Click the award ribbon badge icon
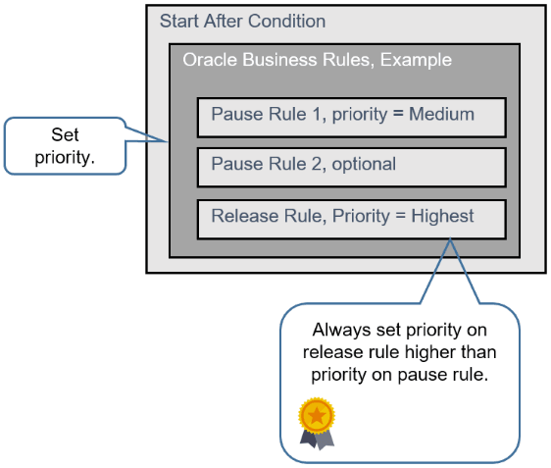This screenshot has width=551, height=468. (x=317, y=422)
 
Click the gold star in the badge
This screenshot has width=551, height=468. (x=317, y=415)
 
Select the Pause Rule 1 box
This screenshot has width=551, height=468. (x=351, y=117)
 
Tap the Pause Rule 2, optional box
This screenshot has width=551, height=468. (x=351, y=167)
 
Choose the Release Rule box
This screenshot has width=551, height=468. (x=351, y=218)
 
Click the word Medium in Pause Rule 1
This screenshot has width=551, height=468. (x=441, y=114)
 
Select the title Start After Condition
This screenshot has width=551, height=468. (x=242, y=22)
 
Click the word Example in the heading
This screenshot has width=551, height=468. (x=417, y=60)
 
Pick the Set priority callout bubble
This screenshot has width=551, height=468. (x=66, y=144)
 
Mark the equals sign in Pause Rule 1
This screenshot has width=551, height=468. (x=398, y=114)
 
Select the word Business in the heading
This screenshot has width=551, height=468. (x=270, y=60)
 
